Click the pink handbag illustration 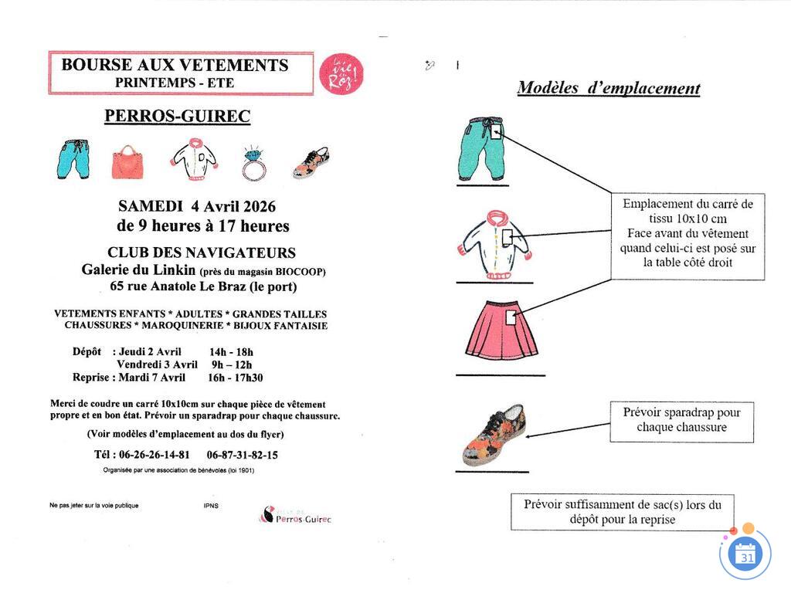[x=127, y=162]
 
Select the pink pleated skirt [x=501, y=330]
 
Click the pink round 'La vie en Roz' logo [x=341, y=74]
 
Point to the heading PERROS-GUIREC [x=177, y=117]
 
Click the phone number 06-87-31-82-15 [x=243, y=455]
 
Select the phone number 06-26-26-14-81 [x=154, y=455]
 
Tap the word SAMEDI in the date [x=151, y=207]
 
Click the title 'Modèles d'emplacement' [x=608, y=88]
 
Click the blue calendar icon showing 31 [x=746, y=554]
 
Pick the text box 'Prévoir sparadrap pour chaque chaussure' [x=681, y=420]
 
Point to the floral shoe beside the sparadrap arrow [x=494, y=435]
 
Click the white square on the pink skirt [x=510, y=318]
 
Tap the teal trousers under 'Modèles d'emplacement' [x=482, y=148]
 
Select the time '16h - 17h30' [x=235, y=378]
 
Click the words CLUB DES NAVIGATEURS [x=201, y=252]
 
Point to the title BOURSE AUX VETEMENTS [x=175, y=66]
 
